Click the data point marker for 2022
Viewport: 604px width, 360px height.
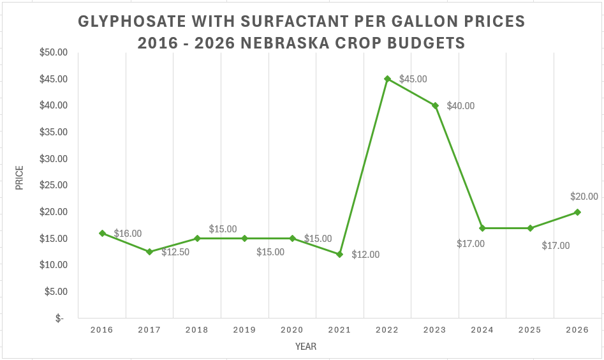point(387,79)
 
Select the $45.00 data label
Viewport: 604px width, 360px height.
point(413,79)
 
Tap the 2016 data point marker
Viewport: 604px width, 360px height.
point(102,233)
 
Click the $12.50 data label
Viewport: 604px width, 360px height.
point(175,252)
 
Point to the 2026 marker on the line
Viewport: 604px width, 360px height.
point(577,212)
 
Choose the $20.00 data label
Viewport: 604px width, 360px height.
point(584,197)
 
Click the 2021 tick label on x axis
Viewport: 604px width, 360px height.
point(340,330)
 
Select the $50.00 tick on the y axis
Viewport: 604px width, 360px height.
point(54,52)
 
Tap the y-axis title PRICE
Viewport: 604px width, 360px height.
point(20,178)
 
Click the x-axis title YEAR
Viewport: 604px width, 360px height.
point(306,347)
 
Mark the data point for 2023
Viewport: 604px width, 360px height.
point(435,106)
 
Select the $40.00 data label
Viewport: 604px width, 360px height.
point(460,106)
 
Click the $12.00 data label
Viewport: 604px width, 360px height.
point(365,255)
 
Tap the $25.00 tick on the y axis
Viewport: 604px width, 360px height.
point(54,185)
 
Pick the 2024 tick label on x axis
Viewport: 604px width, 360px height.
point(482,330)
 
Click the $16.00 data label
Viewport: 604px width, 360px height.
point(128,234)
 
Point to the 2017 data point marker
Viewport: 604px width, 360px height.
point(149,251)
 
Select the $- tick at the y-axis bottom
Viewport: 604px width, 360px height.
point(59,318)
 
